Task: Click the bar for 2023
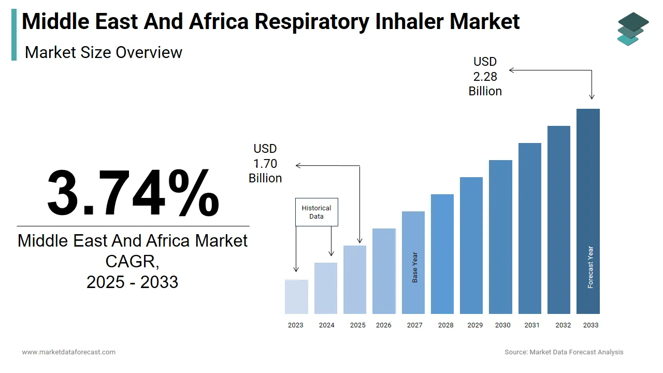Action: (x=296, y=297)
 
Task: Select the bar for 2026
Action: (x=384, y=271)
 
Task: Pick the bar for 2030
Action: (x=500, y=237)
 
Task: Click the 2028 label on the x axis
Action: (x=445, y=325)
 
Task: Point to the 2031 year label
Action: (x=531, y=325)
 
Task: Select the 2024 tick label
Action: (x=326, y=325)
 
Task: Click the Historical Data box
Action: (x=316, y=212)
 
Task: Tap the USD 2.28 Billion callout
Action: (x=485, y=77)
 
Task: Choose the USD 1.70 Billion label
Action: (x=265, y=164)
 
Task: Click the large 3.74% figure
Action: (x=133, y=193)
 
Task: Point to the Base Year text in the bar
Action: (x=415, y=267)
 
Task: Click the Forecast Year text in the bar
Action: (x=590, y=267)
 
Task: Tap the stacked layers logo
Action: (x=632, y=29)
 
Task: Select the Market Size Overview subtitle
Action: (x=104, y=52)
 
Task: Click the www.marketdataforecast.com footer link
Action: (x=69, y=352)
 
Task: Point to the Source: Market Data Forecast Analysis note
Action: (x=564, y=352)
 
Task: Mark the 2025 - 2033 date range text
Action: (x=133, y=282)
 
